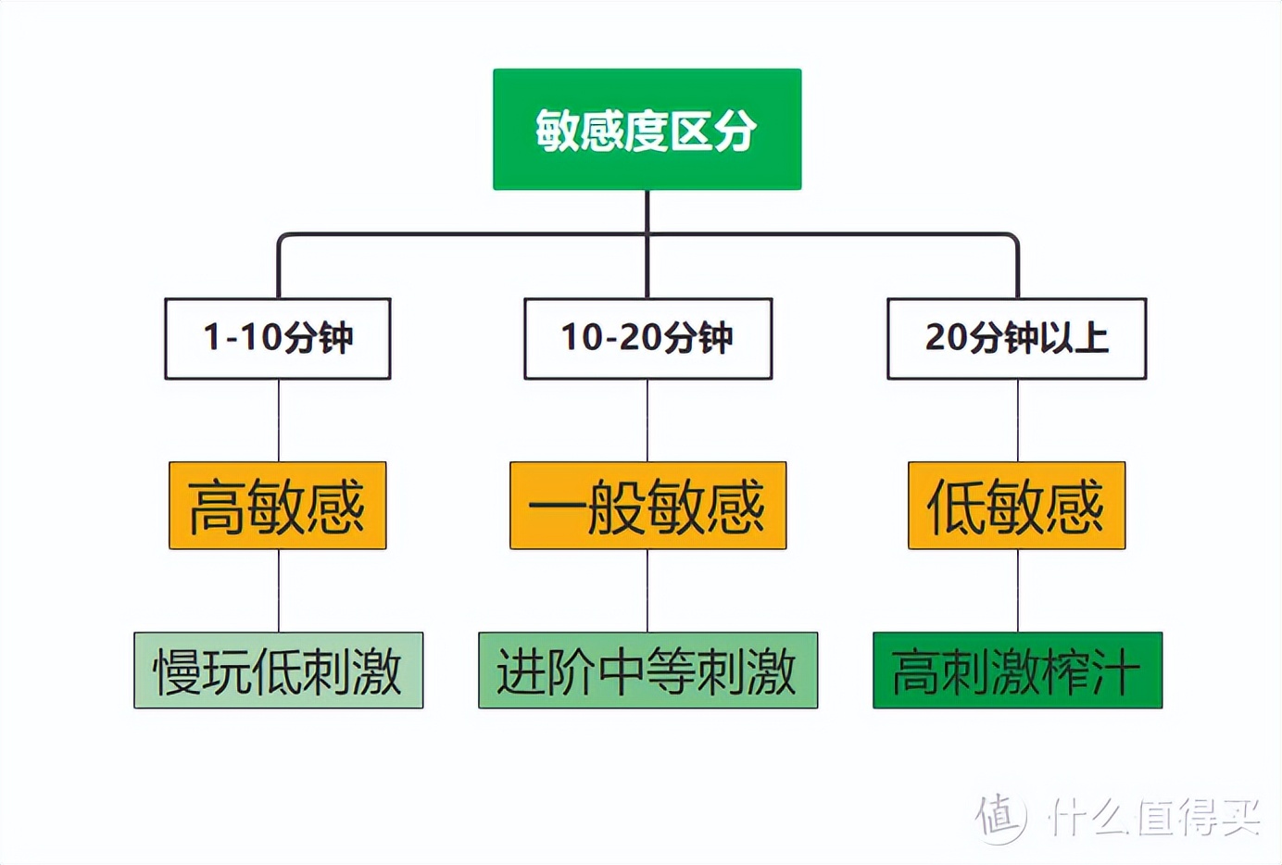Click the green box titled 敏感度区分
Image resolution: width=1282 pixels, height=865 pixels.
click(647, 129)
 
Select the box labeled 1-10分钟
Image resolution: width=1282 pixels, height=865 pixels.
click(278, 338)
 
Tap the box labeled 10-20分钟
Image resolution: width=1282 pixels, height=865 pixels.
click(647, 338)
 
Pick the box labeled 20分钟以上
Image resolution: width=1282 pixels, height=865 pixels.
click(1016, 338)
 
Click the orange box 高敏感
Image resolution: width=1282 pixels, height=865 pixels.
click(278, 506)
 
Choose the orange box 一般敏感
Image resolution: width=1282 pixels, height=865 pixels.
click(647, 506)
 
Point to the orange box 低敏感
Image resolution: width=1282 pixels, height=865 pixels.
click(1016, 506)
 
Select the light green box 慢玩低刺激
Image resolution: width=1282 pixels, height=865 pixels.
click(278, 671)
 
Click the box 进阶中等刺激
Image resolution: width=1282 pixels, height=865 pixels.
click(647, 671)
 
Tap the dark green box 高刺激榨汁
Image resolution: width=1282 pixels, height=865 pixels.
click(1017, 671)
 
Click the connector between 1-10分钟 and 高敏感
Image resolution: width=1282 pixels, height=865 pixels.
click(279, 420)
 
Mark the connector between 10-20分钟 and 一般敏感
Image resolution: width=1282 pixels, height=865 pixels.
click(647, 420)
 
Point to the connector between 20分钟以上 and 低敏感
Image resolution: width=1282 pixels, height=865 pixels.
click(1018, 420)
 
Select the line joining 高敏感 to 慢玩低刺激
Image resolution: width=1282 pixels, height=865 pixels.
click(279, 591)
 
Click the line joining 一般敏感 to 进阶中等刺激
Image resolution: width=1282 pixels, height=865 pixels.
click(647, 591)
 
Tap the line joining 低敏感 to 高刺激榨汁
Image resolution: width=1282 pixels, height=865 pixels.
click(1018, 591)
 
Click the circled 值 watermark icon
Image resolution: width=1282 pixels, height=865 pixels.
click(1000, 817)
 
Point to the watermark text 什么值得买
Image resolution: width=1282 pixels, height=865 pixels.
click(1153, 817)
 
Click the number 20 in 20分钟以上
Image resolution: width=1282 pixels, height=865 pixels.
click(946, 338)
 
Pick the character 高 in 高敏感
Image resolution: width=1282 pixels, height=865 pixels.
click(217, 507)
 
